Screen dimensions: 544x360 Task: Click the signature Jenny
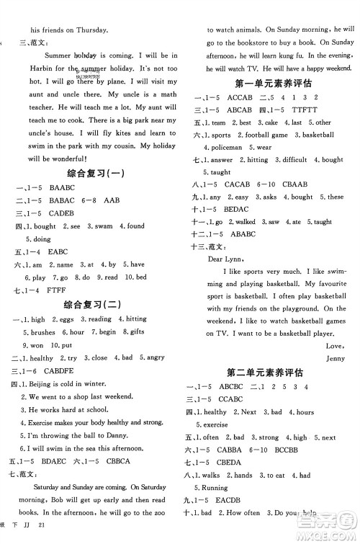click(336, 357)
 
